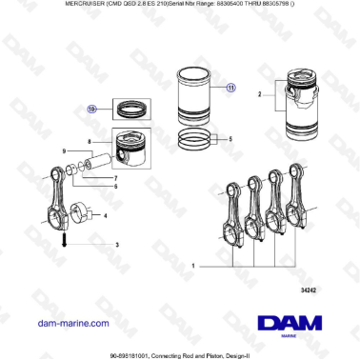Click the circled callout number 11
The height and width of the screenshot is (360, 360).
pyautogui.click(x=230, y=87)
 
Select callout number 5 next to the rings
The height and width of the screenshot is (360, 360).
pyautogui.click(x=229, y=139)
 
